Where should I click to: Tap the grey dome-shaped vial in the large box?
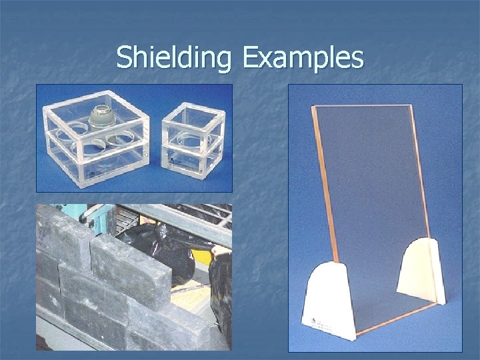coord(103,114)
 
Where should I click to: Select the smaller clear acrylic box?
coord(193,140)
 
